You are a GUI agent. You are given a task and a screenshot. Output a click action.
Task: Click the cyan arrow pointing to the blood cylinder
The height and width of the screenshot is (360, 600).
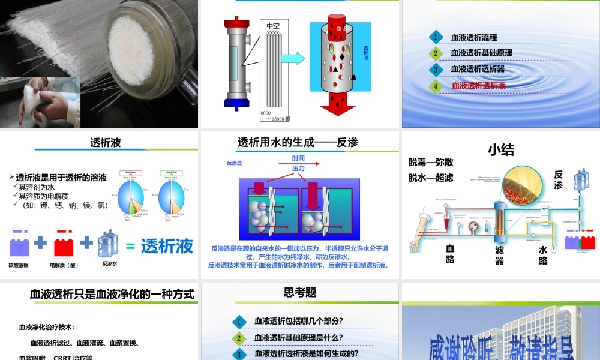293,59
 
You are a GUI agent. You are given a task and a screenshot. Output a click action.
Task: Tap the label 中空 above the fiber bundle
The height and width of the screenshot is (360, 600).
274,25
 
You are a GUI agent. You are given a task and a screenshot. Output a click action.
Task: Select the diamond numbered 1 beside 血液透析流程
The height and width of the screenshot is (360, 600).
436,37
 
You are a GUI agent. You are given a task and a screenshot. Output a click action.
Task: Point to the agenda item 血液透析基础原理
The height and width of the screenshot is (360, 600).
481,53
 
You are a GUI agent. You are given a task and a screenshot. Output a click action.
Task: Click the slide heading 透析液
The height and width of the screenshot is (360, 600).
106,142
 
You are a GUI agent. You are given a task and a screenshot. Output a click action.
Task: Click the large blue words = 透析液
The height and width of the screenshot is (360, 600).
160,246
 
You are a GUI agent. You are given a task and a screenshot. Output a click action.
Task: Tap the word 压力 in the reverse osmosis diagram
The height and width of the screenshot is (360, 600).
298,169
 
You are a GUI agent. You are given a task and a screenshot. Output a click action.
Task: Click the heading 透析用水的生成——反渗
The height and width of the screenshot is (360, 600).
298,142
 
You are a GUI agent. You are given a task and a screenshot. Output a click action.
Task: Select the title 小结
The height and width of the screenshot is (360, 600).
501,149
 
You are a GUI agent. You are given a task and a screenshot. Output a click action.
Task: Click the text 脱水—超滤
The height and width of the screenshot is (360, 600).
431,178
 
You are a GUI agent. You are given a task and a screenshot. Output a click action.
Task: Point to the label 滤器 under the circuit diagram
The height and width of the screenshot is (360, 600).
499,254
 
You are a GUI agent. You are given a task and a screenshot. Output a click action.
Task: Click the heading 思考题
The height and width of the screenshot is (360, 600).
300,293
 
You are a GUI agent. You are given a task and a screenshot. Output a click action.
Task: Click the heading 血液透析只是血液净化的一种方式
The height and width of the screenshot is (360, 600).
112,294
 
